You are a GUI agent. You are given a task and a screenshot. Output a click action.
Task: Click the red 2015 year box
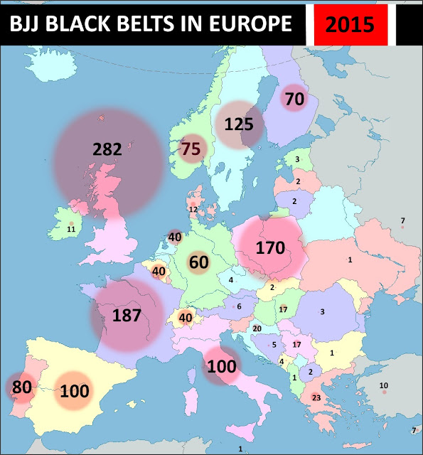pyautogui.click(x=350, y=24)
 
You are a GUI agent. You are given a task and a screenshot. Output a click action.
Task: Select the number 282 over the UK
pyautogui.click(x=107, y=149)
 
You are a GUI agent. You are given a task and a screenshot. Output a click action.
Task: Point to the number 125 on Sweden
pyautogui.click(x=239, y=124)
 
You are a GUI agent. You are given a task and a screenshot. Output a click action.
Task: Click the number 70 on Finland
pyautogui.click(x=294, y=100)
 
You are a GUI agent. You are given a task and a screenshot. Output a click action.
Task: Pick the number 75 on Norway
pyautogui.click(x=191, y=149)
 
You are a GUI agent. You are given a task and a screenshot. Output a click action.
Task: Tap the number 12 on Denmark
pyautogui.click(x=193, y=210)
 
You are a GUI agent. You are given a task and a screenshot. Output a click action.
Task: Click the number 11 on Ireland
pyautogui.click(x=71, y=229)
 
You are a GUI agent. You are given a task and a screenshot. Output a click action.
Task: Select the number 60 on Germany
pyautogui.click(x=198, y=262)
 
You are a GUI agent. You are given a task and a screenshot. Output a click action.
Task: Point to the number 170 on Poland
pyautogui.click(x=269, y=249)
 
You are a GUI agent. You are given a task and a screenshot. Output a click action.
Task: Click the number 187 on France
pyautogui.click(x=127, y=316)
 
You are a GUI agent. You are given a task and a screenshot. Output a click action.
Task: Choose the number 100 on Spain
pyautogui.click(x=74, y=390)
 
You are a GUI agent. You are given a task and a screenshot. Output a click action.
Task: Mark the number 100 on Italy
pyautogui.click(x=221, y=367)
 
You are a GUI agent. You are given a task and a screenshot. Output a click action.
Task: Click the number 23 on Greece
pyautogui.click(x=316, y=398)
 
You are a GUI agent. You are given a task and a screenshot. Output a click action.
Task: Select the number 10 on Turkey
pyautogui.click(x=384, y=386)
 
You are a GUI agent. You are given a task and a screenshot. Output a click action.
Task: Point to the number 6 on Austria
pyautogui.click(x=240, y=306)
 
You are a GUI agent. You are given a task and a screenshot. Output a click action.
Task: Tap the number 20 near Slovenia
pyautogui.click(x=257, y=328)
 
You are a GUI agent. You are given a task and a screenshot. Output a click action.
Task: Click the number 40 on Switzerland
pyautogui.click(x=186, y=317)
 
